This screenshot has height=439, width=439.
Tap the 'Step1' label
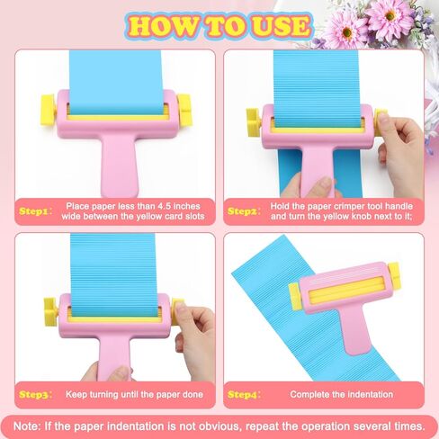pos(33,211)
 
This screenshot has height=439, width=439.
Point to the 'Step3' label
pos(33,394)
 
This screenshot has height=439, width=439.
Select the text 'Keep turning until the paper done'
pos(133,394)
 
